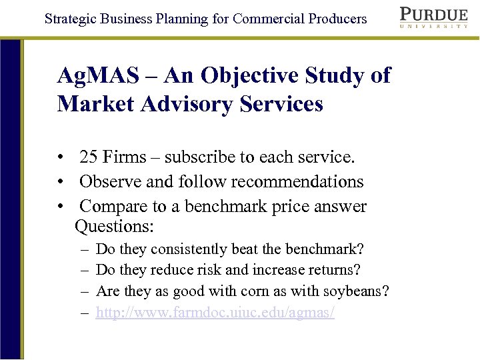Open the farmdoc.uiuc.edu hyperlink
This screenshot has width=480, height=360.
click(215, 312)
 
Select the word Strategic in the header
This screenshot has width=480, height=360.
click(71, 19)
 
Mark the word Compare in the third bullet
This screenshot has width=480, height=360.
click(113, 206)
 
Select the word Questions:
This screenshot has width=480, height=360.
click(115, 227)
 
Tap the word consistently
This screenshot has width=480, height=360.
click(189, 249)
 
